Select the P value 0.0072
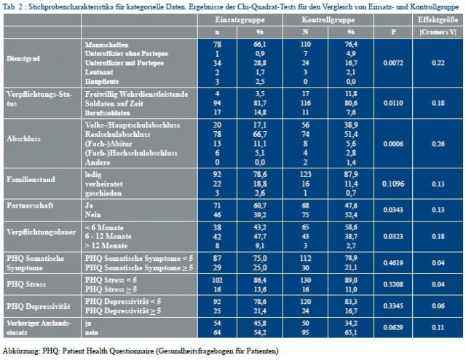393,64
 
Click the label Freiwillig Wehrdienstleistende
127,94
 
